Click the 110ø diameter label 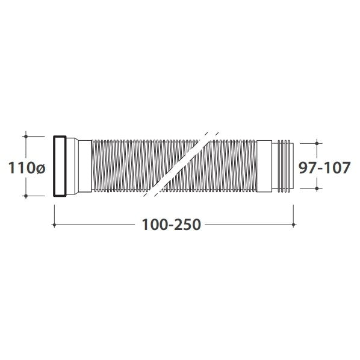coord(27,168)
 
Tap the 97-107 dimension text coord(324,167)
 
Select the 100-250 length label coord(172,225)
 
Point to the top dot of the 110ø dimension coord(26,137)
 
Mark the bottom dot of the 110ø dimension coord(26,196)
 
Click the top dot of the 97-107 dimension coord(317,143)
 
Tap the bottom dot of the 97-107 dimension coord(317,188)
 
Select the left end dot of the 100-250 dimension coord(54,225)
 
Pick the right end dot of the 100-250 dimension coord(293,225)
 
